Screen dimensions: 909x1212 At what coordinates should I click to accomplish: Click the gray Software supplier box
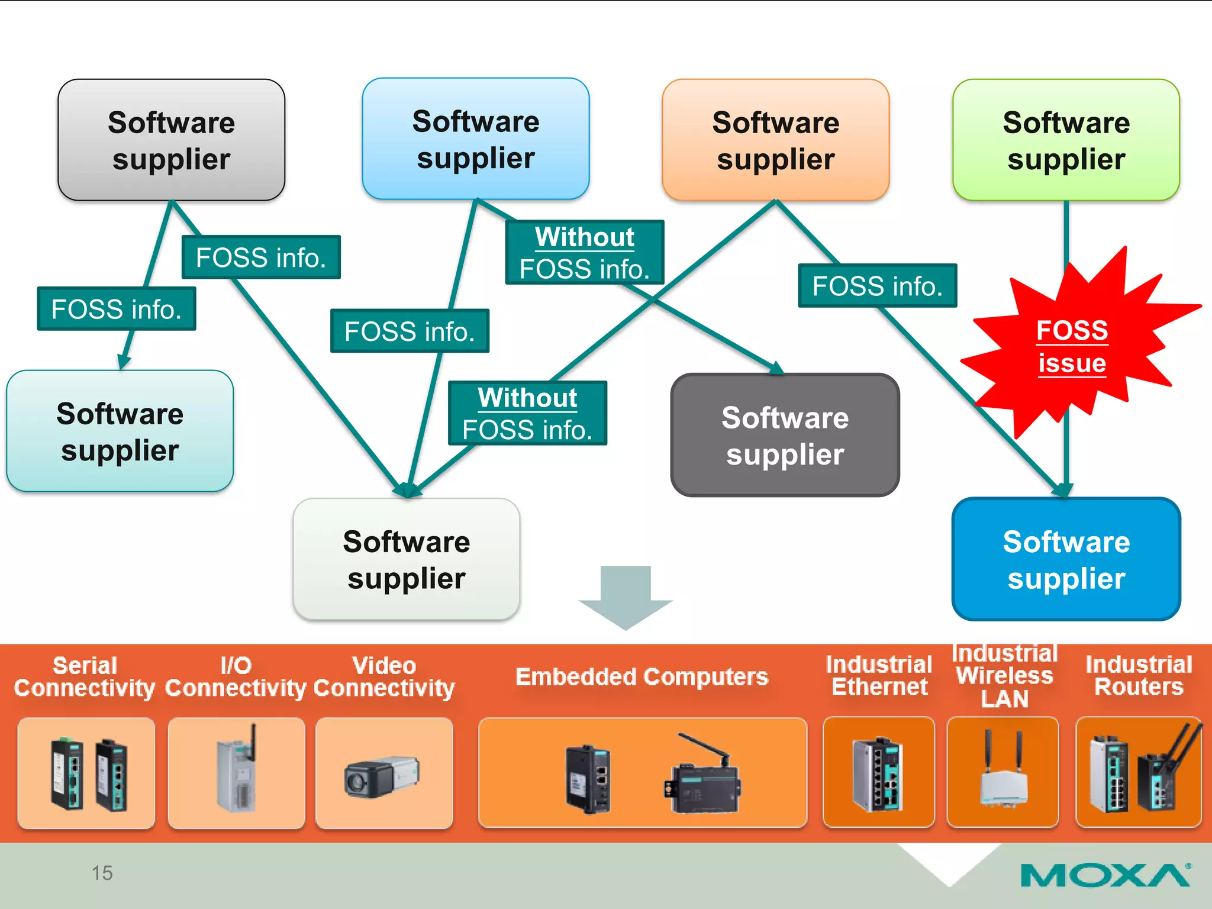(x=171, y=140)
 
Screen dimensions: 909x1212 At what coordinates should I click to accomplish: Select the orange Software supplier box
(x=775, y=140)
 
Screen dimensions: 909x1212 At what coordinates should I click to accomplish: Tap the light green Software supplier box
(x=1066, y=140)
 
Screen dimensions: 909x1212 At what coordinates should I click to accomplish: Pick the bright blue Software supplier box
(x=1066, y=559)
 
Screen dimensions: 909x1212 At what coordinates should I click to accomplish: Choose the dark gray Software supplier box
(x=785, y=435)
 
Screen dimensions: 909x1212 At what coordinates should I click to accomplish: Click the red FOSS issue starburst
(x=1071, y=346)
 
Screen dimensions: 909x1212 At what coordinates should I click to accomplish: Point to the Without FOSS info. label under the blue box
(x=584, y=253)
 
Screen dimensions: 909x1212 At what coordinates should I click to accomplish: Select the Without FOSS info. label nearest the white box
(x=527, y=413)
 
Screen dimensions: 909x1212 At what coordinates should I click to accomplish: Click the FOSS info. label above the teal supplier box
(x=116, y=309)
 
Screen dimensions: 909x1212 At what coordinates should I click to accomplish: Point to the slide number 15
(x=102, y=873)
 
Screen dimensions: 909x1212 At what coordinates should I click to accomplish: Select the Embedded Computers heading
(x=642, y=676)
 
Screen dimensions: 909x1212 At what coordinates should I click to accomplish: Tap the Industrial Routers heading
(x=1138, y=676)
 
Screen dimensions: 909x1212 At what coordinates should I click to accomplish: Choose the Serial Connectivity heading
(x=85, y=676)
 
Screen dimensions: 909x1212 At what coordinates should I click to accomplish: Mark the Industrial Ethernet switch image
(x=878, y=773)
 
